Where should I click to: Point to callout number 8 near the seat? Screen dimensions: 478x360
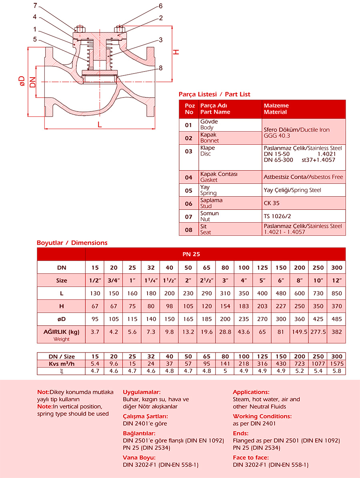pyautogui.click(x=160, y=68)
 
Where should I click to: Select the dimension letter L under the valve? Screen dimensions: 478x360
pyautogui.click(x=100, y=124)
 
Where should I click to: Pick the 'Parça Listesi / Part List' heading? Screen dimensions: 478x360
pyautogui.click(x=214, y=94)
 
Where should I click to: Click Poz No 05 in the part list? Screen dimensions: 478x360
pyautogui.click(x=189, y=190)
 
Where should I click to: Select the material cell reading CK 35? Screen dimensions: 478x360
pyautogui.click(x=272, y=203)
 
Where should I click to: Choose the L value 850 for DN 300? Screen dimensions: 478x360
pyautogui.click(x=337, y=293)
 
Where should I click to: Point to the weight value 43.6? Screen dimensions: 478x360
pyautogui.click(x=244, y=332)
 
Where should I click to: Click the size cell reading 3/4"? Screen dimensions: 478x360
pyautogui.click(x=113, y=281)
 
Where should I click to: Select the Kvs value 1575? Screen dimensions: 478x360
pyautogui.click(x=337, y=364)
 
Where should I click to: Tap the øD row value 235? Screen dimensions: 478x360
pyautogui.click(x=244, y=319)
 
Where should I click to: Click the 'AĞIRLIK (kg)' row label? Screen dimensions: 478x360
pyautogui.click(x=61, y=332)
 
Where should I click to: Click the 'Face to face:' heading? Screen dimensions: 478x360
pyautogui.click(x=251, y=458)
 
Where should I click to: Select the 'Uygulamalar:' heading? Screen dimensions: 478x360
pyautogui.click(x=142, y=392)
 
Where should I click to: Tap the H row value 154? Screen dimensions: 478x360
pyautogui.click(x=225, y=307)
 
